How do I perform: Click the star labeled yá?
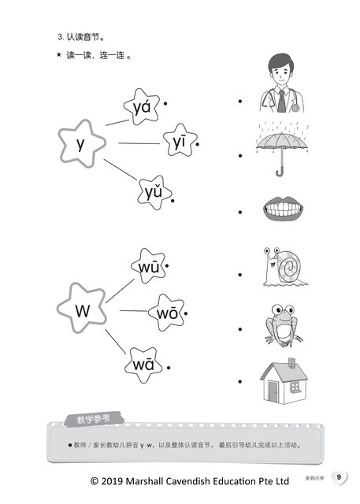[x=142, y=107]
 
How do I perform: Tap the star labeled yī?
[x=180, y=140]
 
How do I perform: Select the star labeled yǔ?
[x=154, y=193]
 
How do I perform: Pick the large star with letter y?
[x=82, y=143]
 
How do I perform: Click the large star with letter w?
[x=81, y=308]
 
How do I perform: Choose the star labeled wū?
[x=149, y=266]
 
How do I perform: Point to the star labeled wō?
[x=166, y=313]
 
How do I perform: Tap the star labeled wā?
[x=143, y=365]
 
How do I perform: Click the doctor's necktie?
[x=281, y=102]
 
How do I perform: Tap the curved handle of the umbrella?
[x=280, y=172]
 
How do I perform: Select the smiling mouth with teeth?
[x=283, y=208]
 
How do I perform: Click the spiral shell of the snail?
[x=289, y=266]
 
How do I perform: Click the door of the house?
[x=273, y=391]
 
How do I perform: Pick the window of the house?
[x=294, y=387]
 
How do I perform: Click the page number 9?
[x=339, y=477]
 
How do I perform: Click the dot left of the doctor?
[x=240, y=102]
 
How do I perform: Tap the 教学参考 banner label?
[x=94, y=419]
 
